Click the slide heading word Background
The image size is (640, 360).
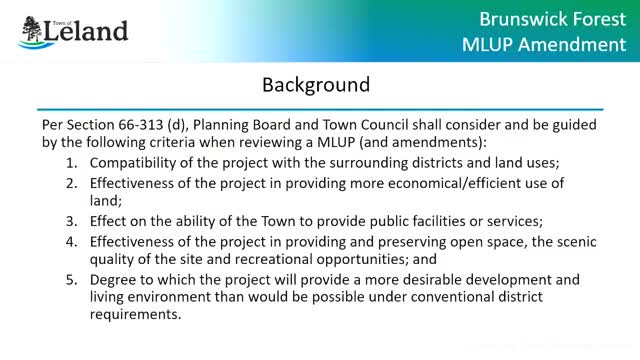(x=316, y=85)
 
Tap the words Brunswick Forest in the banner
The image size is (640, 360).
(x=543, y=18)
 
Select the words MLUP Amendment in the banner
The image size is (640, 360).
(x=542, y=45)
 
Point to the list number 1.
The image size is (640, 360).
(x=70, y=162)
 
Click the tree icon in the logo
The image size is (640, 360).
(x=31, y=31)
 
